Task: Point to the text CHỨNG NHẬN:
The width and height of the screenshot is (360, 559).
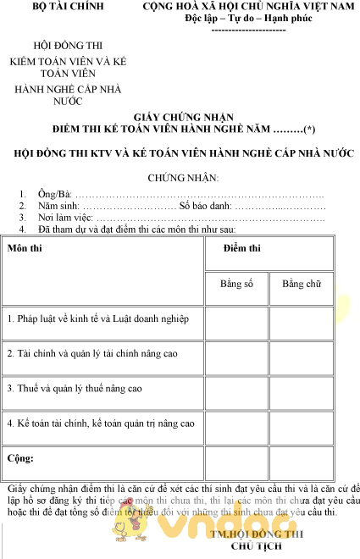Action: pyautogui.click(x=183, y=178)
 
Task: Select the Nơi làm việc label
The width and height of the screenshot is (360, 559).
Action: pyautogui.click(x=66, y=218)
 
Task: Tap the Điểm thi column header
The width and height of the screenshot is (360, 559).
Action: pyautogui.click(x=241, y=248)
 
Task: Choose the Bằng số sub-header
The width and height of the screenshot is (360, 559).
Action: pyautogui.click(x=236, y=284)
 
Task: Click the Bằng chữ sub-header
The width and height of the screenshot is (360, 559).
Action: pyautogui.click(x=301, y=284)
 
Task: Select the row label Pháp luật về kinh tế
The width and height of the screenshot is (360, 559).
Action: pyautogui.click(x=104, y=319)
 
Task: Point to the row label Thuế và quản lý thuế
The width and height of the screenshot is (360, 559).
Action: pyautogui.click(x=75, y=388)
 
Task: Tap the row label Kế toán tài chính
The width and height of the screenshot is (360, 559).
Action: pyautogui.click(x=101, y=423)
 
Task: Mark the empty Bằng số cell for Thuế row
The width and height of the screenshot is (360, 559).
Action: pyautogui.click(x=236, y=389)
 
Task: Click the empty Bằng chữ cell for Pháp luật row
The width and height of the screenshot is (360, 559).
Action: pyautogui.click(x=301, y=320)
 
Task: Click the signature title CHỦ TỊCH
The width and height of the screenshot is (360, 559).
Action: pyautogui.click(x=255, y=546)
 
